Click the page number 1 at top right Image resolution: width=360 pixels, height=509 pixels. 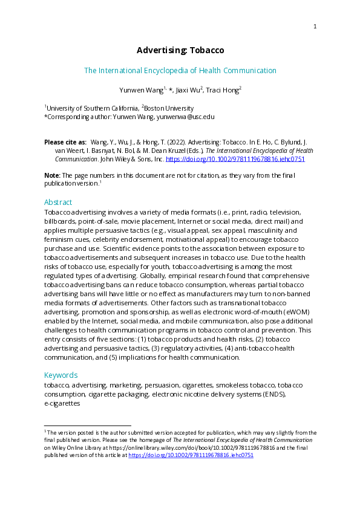coord(315,26)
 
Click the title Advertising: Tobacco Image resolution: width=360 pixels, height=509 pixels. coord(180,50)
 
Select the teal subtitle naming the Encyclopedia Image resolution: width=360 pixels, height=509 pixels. coord(180,71)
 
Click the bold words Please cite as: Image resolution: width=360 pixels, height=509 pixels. coord(65,141)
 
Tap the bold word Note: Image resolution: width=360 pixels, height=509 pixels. coord(52,175)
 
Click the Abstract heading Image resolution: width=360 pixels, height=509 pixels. coord(58,202)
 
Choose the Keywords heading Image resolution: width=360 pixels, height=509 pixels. coord(61,375)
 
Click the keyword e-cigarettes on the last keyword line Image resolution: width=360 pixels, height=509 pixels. coord(62,403)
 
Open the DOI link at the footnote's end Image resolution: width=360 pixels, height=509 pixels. coord(208,456)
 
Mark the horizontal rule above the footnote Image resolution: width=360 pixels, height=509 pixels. coord(88,426)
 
